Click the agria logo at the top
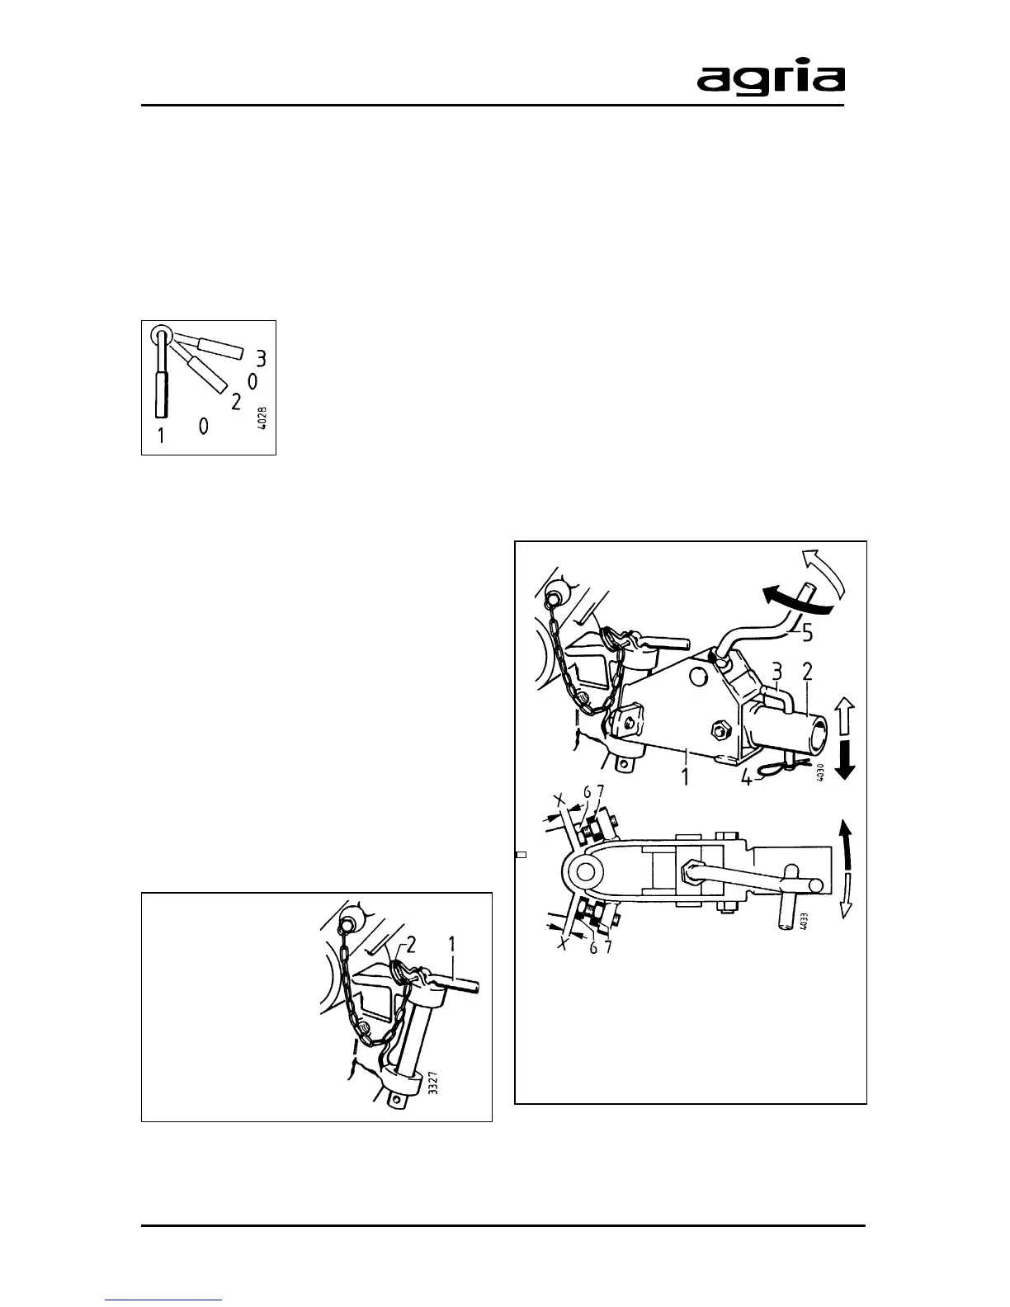pos(771,80)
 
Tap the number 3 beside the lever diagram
pos(261,358)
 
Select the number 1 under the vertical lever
pos(161,435)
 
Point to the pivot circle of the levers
pos(161,335)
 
